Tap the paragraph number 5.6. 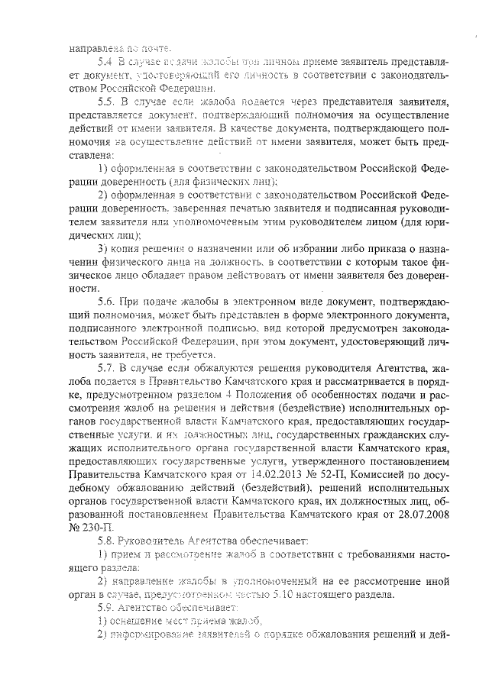(106, 302)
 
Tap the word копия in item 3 (134, 249)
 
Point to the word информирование (156, 636)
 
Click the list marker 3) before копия (104, 249)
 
